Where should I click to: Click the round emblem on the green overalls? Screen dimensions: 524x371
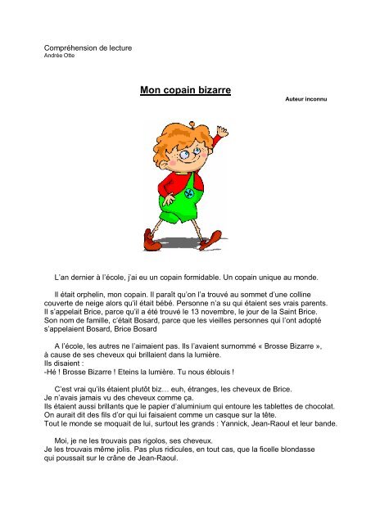point(190,196)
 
